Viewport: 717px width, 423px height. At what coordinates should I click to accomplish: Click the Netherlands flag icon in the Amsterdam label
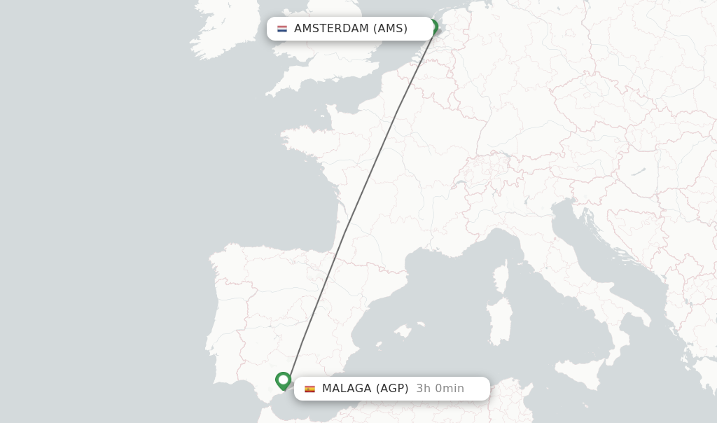click(282, 29)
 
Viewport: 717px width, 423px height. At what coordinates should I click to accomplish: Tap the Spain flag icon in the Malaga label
click(309, 389)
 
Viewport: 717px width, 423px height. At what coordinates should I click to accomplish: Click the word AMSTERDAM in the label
click(331, 29)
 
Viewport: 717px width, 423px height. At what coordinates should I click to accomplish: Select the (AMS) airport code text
click(390, 29)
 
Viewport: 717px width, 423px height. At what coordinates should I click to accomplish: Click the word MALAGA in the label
click(347, 389)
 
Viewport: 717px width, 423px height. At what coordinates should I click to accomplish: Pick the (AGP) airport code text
click(392, 389)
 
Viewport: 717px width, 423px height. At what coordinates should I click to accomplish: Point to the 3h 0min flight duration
click(440, 389)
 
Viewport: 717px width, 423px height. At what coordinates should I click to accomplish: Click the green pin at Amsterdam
click(433, 27)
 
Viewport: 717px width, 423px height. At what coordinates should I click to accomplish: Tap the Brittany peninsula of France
click(301, 137)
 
